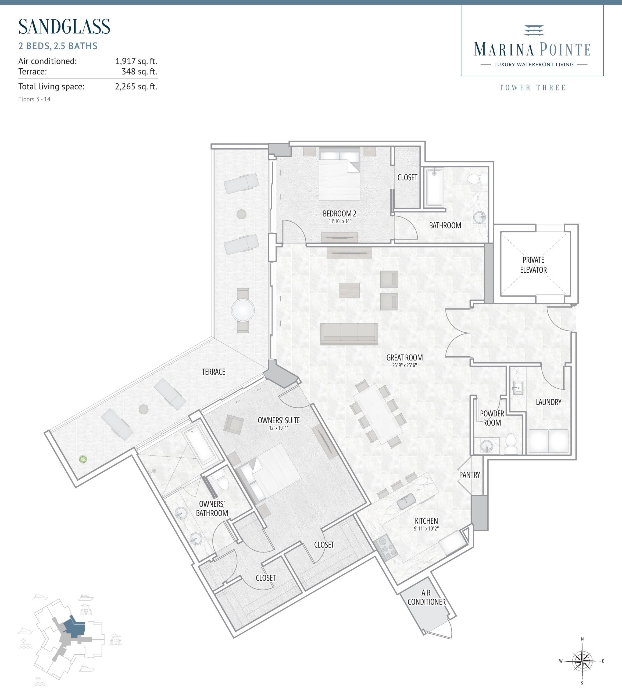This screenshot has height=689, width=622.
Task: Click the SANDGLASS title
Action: coord(64,27)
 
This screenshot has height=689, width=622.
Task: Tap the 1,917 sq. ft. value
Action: coord(136,61)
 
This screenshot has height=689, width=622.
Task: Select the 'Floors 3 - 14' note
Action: coord(34,99)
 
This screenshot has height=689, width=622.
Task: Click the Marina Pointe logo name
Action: coord(532,49)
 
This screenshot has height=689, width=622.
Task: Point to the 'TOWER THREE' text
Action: coord(532,88)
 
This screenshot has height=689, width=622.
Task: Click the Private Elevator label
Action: coord(533,265)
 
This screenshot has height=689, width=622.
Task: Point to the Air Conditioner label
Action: coord(426,597)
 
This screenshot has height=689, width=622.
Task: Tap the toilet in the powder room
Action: coord(511,443)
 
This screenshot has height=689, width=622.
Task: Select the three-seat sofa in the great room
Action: coord(349,333)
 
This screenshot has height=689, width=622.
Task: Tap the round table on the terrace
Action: coord(243,310)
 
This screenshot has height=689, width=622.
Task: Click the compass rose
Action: coord(582,661)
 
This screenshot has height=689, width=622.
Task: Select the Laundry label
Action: coord(548,402)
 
